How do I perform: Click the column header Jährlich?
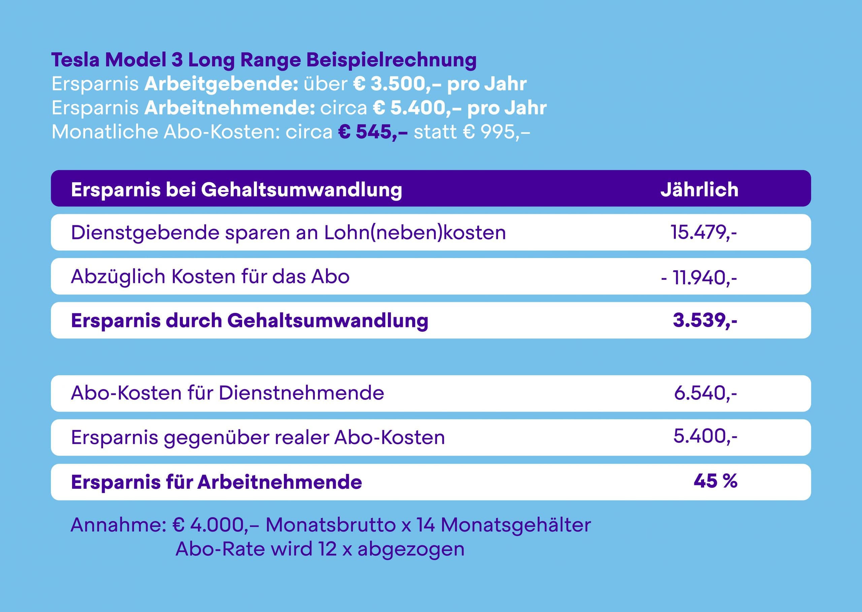click(699, 189)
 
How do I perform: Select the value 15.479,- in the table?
click(703, 232)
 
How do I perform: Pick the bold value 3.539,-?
click(704, 320)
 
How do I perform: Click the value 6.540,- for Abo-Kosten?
click(705, 393)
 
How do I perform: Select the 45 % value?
click(715, 481)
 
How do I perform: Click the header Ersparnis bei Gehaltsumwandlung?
click(236, 189)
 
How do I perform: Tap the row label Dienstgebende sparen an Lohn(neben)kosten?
click(288, 232)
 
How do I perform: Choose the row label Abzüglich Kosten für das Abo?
click(210, 277)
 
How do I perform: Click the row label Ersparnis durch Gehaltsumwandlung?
click(250, 321)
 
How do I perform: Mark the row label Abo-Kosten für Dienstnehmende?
click(228, 393)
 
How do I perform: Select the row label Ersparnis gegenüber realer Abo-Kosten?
click(258, 438)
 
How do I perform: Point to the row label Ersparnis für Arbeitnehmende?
click(216, 482)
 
